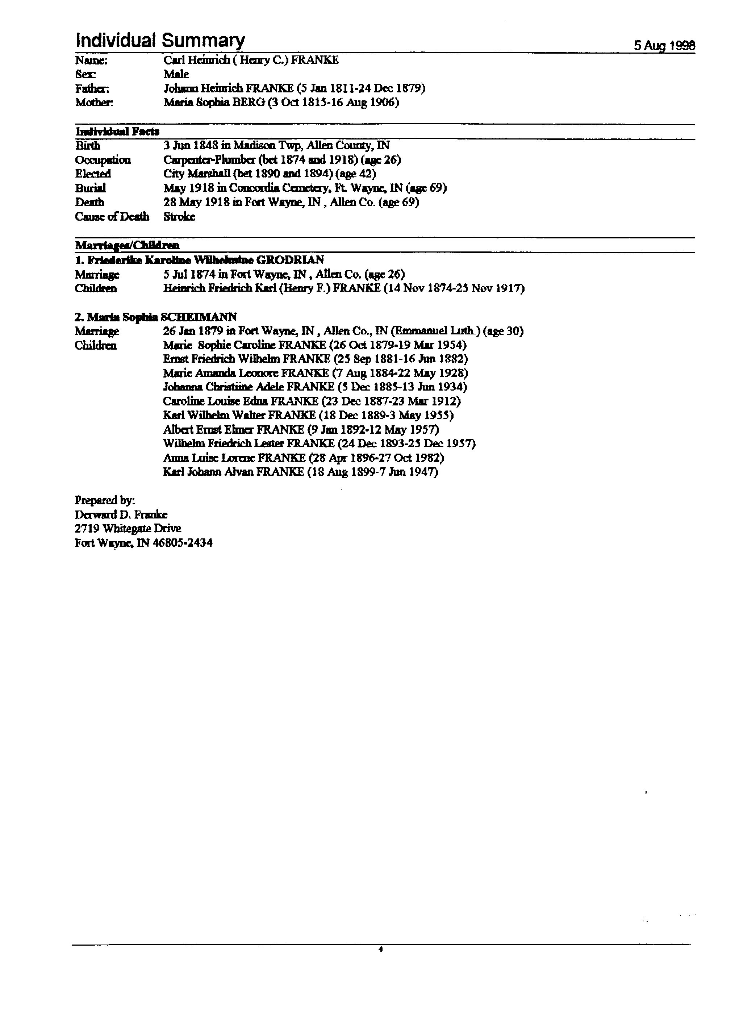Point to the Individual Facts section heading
point(117,132)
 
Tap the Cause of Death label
point(112,217)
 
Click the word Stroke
point(179,217)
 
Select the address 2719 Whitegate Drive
point(128,529)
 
